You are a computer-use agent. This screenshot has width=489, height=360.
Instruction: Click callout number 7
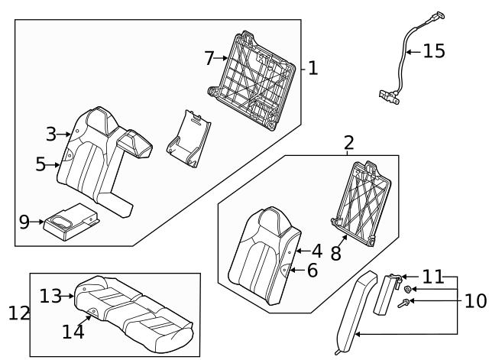[209, 57]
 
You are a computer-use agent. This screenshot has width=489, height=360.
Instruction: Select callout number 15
[433, 52]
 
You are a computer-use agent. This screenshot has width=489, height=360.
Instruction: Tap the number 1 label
[313, 68]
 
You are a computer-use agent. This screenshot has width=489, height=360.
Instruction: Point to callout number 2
[349, 142]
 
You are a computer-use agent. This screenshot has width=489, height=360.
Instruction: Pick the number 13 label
[50, 295]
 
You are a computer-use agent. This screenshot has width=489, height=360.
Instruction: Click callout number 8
[335, 253]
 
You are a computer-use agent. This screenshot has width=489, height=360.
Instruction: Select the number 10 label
[474, 300]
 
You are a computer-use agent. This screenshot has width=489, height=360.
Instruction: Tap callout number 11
[432, 277]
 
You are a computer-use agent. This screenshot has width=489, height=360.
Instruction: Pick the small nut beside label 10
[410, 289]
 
